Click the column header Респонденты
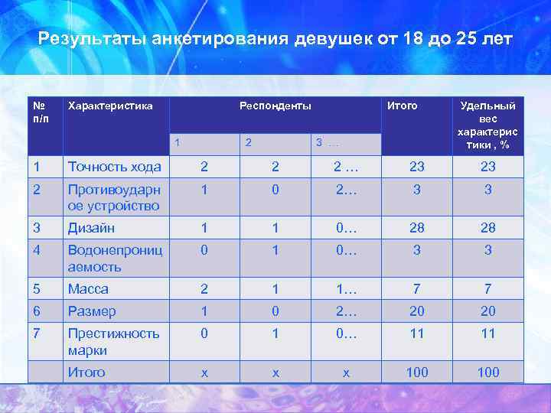pyautogui.click(x=275, y=106)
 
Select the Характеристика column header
pyautogui.click(x=110, y=106)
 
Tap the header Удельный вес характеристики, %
pyautogui.click(x=487, y=125)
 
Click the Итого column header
pyautogui.click(x=403, y=106)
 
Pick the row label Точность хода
pyautogui.click(x=114, y=167)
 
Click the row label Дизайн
pyautogui.click(x=92, y=227)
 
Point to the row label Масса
pyautogui.click(x=88, y=289)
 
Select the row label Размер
pyautogui.click(x=92, y=311)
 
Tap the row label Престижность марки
pyautogui.click(x=113, y=342)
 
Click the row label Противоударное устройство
pyautogui.click(x=114, y=197)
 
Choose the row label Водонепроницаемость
pyautogui.click(x=114, y=259)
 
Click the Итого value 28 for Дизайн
pyautogui.click(x=417, y=227)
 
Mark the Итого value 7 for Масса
pyautogui.click(x=417, y=289)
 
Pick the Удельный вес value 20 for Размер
pyautogui.click(x=487, y=311)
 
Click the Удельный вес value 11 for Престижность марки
pyautogui.click(x=487, y=333)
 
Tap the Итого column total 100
pyautogui.click(x=417, y=372)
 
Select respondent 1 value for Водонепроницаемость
pyautogui.click(x=204, y=250)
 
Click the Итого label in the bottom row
pyautogui.click(x=86, y=372)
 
